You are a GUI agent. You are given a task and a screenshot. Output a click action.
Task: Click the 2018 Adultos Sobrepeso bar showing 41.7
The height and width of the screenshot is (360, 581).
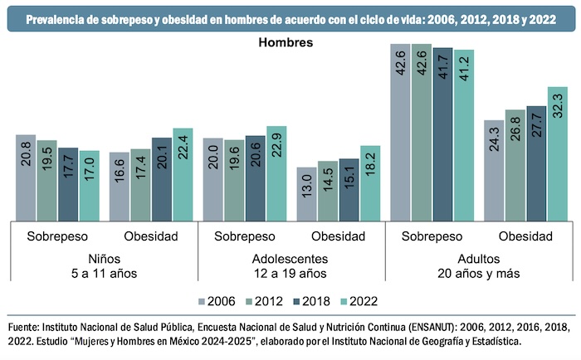click(443, 133)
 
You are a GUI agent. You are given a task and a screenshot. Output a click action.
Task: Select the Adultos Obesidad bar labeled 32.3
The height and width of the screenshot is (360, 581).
click(558, 153)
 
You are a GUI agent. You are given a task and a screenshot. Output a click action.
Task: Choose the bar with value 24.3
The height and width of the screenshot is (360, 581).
click(494, 170)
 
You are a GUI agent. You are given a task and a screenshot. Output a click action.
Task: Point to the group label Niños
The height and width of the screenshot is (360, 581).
click(103, 258)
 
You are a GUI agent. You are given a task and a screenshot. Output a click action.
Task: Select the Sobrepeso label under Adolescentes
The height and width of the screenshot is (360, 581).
click(244, 236)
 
